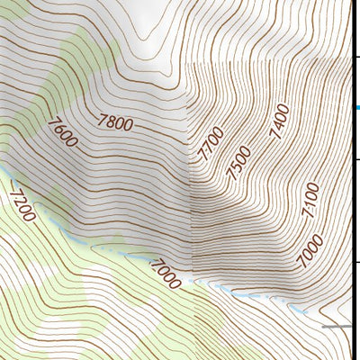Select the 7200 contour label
coord(22,202)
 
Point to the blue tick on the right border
coord(356,108)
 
